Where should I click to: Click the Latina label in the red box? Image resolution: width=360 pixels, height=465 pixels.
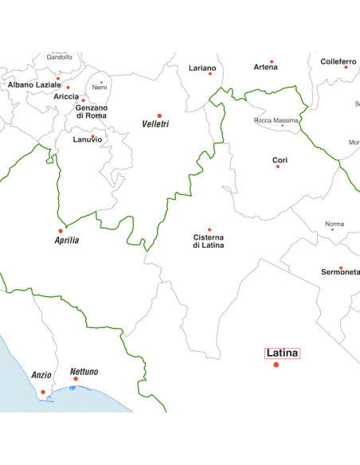pyautogui.click(x=282, y=352)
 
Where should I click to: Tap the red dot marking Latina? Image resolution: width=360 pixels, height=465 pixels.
pyautogui.click(x=276, y=365)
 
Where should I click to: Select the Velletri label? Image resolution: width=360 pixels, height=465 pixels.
pyautogui.click(x=155, y=124)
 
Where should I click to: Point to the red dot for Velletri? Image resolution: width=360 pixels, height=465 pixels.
pyautogui.click(x=159, y=115)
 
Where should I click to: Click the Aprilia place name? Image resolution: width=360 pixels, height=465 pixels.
pyautogui.click(x=67, y=240)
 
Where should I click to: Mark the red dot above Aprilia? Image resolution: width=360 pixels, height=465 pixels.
pyautogui.click(x=61, y=231)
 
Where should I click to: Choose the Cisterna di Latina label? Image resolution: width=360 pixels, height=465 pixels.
pyautogui.click(x=209, y=241)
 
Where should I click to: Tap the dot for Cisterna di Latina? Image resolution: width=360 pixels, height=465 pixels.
pyautogui.click(x=209, y=229)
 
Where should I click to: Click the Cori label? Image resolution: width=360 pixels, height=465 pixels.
pyautogui.click(x=280, y=160)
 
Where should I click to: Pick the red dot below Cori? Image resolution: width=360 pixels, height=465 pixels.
pyautogui.click(x=278, y=166)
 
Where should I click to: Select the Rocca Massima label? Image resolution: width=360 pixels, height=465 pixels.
pyautogui.click(x=276, y=120)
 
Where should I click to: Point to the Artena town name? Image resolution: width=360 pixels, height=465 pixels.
pyautogui.click(x=266, y=68)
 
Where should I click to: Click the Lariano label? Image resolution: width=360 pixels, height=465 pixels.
pyautogui.click(x=202, y=68)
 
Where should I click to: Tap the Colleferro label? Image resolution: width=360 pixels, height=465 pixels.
pyautogui.click(x=338, y=61)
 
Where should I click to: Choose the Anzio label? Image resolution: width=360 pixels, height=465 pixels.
pyautogui.click(x=41, y=374)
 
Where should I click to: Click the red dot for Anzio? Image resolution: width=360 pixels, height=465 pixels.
pyautogui.click(x=42, y=392)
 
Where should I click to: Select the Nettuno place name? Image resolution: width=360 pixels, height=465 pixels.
pyautogui.click(x=84, y=372)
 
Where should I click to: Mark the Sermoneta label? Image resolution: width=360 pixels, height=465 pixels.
pyautogui.click(x=340, y=272)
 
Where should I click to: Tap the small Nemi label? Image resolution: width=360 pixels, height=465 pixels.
pyautogui.click(x=100, y=87)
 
